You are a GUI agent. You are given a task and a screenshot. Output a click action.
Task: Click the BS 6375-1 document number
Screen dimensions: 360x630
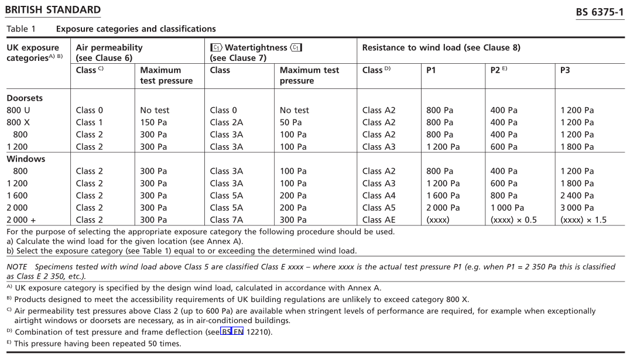coord(600,12)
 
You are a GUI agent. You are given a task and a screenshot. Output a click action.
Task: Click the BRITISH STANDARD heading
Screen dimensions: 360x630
coord(53,10)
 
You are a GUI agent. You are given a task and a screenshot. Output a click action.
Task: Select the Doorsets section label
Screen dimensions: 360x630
coord(25,98)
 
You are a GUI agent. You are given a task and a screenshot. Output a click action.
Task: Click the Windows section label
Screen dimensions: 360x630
coord(26,159)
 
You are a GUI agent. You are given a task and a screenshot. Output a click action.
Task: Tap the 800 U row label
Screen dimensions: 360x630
coord(18,110)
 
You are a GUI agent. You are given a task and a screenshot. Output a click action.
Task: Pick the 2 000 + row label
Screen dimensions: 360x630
coord(21,220)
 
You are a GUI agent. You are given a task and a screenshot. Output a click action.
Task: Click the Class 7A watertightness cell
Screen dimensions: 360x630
coord(226,220)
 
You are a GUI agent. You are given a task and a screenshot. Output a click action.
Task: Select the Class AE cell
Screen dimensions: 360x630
coord(379,220)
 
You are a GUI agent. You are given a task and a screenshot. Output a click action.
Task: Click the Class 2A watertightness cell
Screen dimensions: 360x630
coord(226,122)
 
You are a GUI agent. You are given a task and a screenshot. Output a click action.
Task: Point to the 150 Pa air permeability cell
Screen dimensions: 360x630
coord(153,122)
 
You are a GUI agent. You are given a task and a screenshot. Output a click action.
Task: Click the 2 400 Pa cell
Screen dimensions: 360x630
coord(577,196)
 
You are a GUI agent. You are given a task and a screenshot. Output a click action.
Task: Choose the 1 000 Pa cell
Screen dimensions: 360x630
coord(507,208)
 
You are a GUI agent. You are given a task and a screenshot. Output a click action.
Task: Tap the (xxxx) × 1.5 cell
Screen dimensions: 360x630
coord(583,220)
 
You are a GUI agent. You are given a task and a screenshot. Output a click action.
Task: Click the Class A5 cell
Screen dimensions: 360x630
coord(379,208)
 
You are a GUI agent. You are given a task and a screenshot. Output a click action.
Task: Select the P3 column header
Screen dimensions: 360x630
coord(565,70)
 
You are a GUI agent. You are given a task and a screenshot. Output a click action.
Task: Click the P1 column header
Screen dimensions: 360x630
coord(431,70)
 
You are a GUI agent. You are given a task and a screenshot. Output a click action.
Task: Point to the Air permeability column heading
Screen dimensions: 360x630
coord(109,47)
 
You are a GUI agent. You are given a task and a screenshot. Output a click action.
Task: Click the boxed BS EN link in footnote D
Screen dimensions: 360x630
coord(232,332)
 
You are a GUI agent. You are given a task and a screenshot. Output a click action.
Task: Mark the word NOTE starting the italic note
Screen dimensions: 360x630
coord(17,266)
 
